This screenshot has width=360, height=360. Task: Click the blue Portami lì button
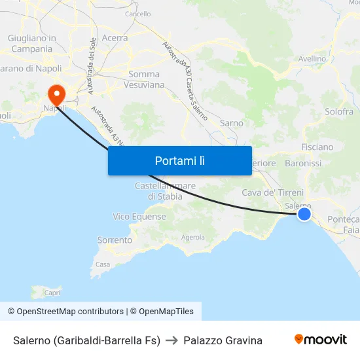coord(180,160)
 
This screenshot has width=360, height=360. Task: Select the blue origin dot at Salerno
coord(304,213)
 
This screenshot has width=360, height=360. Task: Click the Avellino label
coord(312,59)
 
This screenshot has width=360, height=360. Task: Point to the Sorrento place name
coord(115,240)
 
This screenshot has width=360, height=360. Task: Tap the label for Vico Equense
coord(139,217)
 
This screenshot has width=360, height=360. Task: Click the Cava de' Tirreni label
coord(273,192)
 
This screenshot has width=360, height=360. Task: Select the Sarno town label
coord(232,123)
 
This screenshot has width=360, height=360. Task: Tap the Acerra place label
coord(115,38)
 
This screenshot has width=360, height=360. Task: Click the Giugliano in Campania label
coord(31,43)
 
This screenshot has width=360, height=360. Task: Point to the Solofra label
coord(339,111)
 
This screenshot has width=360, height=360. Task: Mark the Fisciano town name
coord(317,147)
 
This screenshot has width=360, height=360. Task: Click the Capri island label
coord(52,293)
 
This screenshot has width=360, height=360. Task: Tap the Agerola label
coord(192,238)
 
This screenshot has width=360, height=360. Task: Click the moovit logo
coord(321,340)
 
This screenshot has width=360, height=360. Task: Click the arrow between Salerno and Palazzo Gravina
coord(172,340)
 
